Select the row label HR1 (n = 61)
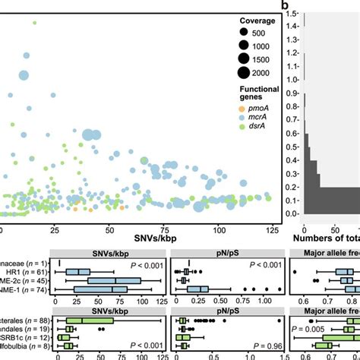pyautogui.click(x=30, y=271)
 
